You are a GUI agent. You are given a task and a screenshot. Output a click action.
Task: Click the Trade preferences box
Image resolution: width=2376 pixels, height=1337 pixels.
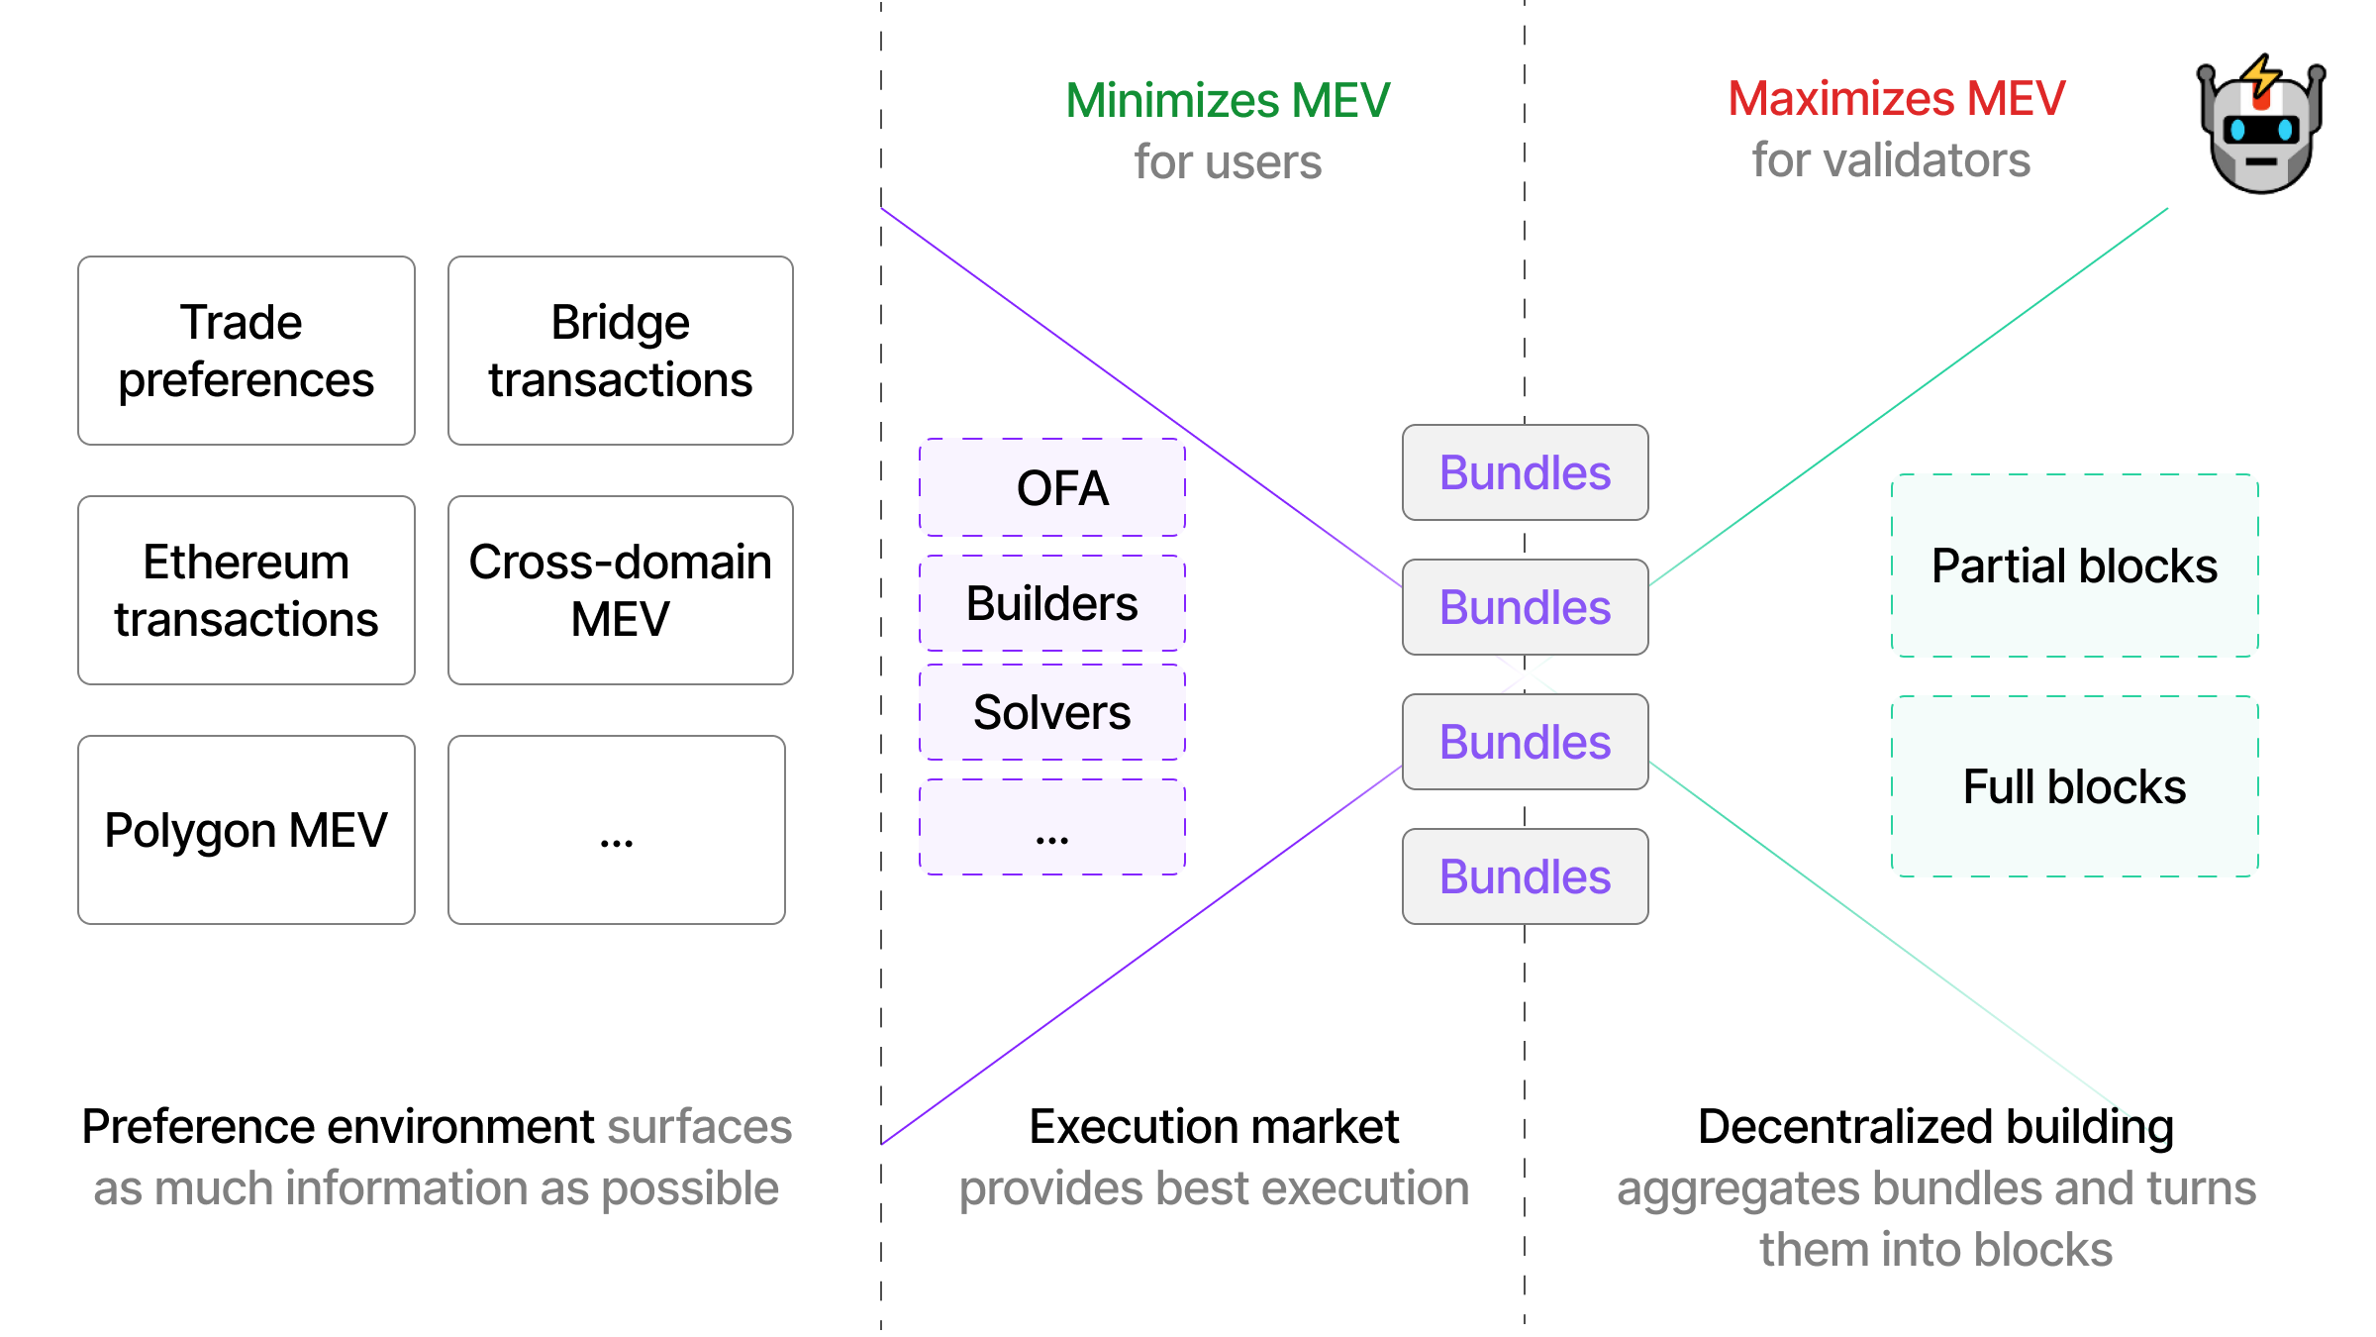246,351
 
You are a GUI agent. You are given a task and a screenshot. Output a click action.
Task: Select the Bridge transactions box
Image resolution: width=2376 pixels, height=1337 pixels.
620,351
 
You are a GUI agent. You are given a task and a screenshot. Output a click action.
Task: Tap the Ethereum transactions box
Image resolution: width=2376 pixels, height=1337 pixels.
246,590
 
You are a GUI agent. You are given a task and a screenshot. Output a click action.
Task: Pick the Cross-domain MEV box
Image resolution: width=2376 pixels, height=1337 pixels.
620,590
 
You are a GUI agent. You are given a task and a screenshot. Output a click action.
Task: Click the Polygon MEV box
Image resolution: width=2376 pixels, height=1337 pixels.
246,830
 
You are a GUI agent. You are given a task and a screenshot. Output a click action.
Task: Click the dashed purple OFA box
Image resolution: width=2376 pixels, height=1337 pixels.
1052,487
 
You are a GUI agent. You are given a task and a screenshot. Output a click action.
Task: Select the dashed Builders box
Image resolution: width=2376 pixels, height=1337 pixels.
1052,603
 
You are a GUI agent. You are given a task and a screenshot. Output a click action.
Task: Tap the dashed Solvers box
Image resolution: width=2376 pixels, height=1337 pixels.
1052,712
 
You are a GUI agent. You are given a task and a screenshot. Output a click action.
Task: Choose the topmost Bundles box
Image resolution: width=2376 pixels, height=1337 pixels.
1525,472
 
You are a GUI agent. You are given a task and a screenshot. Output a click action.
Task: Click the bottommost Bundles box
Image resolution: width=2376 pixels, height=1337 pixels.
1525,876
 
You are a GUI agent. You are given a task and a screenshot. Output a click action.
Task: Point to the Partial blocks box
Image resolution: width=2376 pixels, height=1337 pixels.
2074,566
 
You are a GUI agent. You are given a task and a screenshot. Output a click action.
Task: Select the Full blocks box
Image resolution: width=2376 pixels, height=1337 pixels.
2074,786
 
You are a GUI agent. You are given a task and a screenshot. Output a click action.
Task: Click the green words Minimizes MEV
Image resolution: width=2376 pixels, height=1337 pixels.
1228,100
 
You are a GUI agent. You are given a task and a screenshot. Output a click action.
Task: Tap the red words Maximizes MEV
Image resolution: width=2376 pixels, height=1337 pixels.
1896,98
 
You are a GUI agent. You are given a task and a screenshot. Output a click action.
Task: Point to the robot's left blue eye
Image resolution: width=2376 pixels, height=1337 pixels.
2237,130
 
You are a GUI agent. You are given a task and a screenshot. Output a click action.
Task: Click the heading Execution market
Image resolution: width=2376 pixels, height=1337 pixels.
1213,1126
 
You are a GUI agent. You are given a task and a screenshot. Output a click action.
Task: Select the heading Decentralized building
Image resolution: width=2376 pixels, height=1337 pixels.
1935,1126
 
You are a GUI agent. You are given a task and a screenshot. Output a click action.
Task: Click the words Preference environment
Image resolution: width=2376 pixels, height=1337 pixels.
338,1126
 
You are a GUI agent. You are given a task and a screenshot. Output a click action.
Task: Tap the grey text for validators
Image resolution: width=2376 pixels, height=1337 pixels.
1891,159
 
